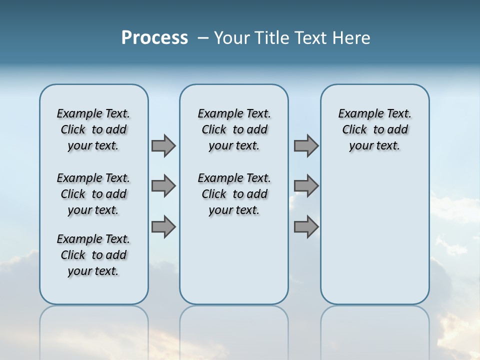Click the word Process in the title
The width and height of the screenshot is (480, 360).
[154, 38]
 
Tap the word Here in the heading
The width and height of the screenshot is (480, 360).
[352, 38]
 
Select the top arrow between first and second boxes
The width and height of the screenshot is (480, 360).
[163, 145]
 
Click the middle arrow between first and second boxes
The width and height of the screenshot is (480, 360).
[163, 186]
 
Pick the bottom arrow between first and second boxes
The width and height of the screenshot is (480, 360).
[163, 227]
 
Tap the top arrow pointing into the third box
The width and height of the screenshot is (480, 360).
[306, 145]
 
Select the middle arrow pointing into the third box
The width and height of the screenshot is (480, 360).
[306, 186]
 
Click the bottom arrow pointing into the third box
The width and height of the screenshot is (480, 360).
[306, 227]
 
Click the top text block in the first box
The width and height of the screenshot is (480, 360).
[93, 129]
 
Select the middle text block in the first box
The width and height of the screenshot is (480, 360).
[93, 194]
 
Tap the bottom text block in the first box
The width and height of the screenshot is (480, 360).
[93, 255]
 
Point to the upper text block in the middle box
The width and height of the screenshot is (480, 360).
[234, 129]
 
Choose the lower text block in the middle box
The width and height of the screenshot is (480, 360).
[234, 194]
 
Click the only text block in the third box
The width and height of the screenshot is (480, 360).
[374, 129]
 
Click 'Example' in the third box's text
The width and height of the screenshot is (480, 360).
[356, 114]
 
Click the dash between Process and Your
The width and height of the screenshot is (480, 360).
[203, 38]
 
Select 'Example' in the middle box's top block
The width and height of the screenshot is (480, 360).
[215, 114]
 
